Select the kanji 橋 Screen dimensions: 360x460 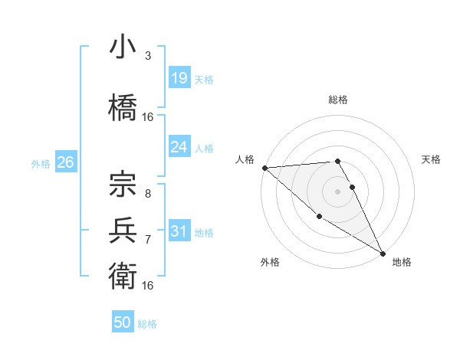(x=123, y=106)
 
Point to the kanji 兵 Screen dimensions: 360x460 (x=123, y=229)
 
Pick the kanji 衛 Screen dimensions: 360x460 (x=123, y=273)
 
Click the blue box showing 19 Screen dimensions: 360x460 (x=179, y=77)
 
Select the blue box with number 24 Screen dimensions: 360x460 (x=179, y=147)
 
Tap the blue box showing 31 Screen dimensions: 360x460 (x=179, y=231)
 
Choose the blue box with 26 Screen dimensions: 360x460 (x=65, y=162)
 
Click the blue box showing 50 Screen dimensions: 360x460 (x=123, y=322)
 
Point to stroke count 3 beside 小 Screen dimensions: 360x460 (x=147, y=56)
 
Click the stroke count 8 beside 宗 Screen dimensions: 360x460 (x=147, y=194)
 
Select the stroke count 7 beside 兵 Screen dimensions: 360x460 (x=147, y=239)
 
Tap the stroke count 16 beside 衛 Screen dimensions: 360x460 (x=147, y=285)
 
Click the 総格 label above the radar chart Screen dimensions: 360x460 (x=338, y=100)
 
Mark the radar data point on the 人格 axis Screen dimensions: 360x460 (x=264, y=167)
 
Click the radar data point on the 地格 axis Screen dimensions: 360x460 (x=382, y=253)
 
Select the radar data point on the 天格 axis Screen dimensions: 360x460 (x=353, y=187)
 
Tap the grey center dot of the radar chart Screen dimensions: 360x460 (x=338, y=191)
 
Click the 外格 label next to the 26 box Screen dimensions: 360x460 (x=41, y=163)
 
